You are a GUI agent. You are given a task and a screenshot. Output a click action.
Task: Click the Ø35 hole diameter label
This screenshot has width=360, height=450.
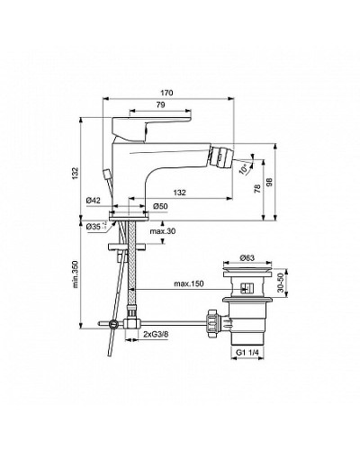point(95,227)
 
